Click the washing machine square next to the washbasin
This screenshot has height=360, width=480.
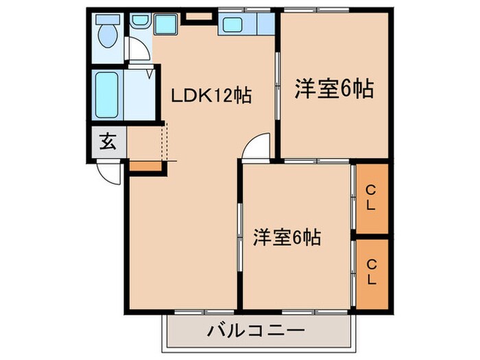coord(165,24)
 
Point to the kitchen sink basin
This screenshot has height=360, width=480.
coord(232,25)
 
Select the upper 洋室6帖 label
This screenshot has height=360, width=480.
coord(334,88)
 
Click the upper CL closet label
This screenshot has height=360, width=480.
coord(370,197)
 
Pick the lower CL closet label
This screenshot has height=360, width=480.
coord(370,272)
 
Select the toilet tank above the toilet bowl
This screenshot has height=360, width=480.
coord(108,20)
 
